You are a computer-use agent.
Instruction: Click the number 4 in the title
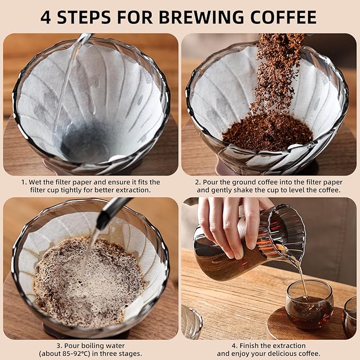pos(46,17)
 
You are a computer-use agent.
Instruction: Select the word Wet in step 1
pos(36,182)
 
